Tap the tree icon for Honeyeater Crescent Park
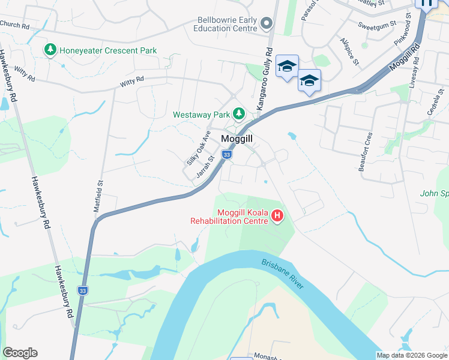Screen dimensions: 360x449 [x=51, y=50]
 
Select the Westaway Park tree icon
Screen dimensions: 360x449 [x=239, y=113]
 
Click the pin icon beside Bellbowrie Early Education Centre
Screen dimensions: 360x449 [x=267, y=24]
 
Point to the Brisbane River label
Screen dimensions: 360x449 [x=282, y=274]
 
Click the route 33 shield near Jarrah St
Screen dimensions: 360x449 [x=226, y=155]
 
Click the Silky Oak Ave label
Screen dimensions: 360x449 [x=198, y=148]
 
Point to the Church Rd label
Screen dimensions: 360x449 [x=15, y=25]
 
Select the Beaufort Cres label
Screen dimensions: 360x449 [x=366, y=152]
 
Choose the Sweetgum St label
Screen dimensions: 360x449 [x=377, y=25]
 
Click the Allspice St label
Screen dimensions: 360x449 [x=349, y=52]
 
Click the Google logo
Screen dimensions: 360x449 [x=20, y=353]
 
